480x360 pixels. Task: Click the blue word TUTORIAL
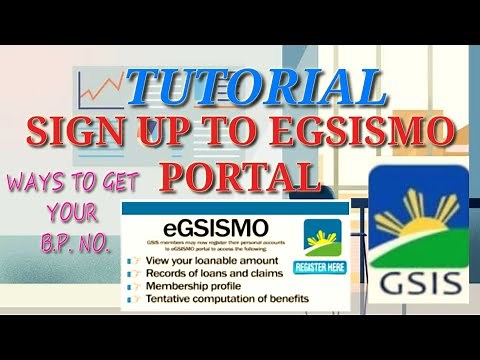(x=256, y=88)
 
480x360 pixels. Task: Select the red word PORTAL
(x=245, y=176)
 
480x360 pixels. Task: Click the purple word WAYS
(x=38, y=184)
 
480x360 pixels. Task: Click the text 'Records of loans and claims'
(x=206, y=273)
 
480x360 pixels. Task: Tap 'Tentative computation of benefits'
(x=226, y=299)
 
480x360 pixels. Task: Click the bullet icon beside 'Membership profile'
(x=130, y=286)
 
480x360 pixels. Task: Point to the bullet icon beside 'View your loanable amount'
(x=130, y=259)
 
